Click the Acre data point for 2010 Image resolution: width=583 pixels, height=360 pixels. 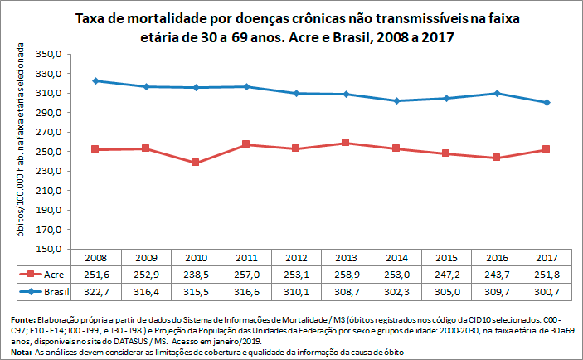click(195, 163)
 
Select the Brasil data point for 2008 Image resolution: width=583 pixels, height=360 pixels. click(95, 80)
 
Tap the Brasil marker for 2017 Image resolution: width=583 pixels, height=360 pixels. click(547, 102)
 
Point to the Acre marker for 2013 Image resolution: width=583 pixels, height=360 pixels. click(346, 143)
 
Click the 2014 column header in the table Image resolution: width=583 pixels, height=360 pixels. click(396, 257)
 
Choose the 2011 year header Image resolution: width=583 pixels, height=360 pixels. click(245, 257)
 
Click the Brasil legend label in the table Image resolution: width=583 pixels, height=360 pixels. click(56, 292)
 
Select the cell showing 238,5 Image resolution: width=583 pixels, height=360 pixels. click(195, 274)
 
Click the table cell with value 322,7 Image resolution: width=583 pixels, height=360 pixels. click(95, 292)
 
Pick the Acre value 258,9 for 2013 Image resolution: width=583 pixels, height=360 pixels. click(346, 274)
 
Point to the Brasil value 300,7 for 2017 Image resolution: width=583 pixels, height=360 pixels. click(547, 292)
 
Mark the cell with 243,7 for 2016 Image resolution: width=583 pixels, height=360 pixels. click(497, 274)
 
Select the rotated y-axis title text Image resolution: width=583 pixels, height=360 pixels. click(17, 151)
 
